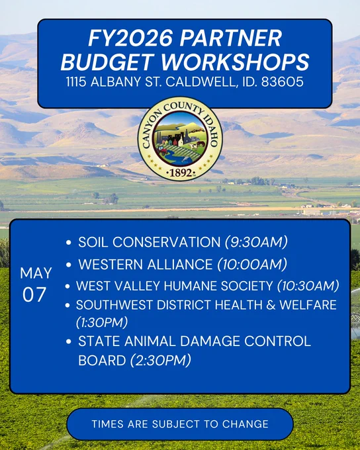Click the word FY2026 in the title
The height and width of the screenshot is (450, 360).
[130, 38]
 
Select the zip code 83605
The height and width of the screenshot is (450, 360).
[282, 81]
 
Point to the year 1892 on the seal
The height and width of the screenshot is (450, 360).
[181, 173]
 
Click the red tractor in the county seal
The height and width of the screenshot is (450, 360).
[163, 150]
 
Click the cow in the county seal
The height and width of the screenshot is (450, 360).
[193, 146]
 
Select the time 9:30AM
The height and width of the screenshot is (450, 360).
[256, 242]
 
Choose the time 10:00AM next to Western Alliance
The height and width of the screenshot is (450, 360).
[252, 264]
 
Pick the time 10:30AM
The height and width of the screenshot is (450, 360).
[308, 286]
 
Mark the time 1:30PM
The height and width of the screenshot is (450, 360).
[102, 322]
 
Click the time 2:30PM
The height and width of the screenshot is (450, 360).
[161, 361]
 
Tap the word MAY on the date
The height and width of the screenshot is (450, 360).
[36, 273]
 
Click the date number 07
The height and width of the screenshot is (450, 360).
[34, 294]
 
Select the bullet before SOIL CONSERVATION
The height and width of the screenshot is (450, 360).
[68, 242]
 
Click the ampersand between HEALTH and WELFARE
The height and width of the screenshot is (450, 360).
[271, 305]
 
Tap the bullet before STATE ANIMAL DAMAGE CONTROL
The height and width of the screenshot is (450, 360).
[68, 341]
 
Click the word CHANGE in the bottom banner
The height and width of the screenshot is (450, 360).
[246, 424]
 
